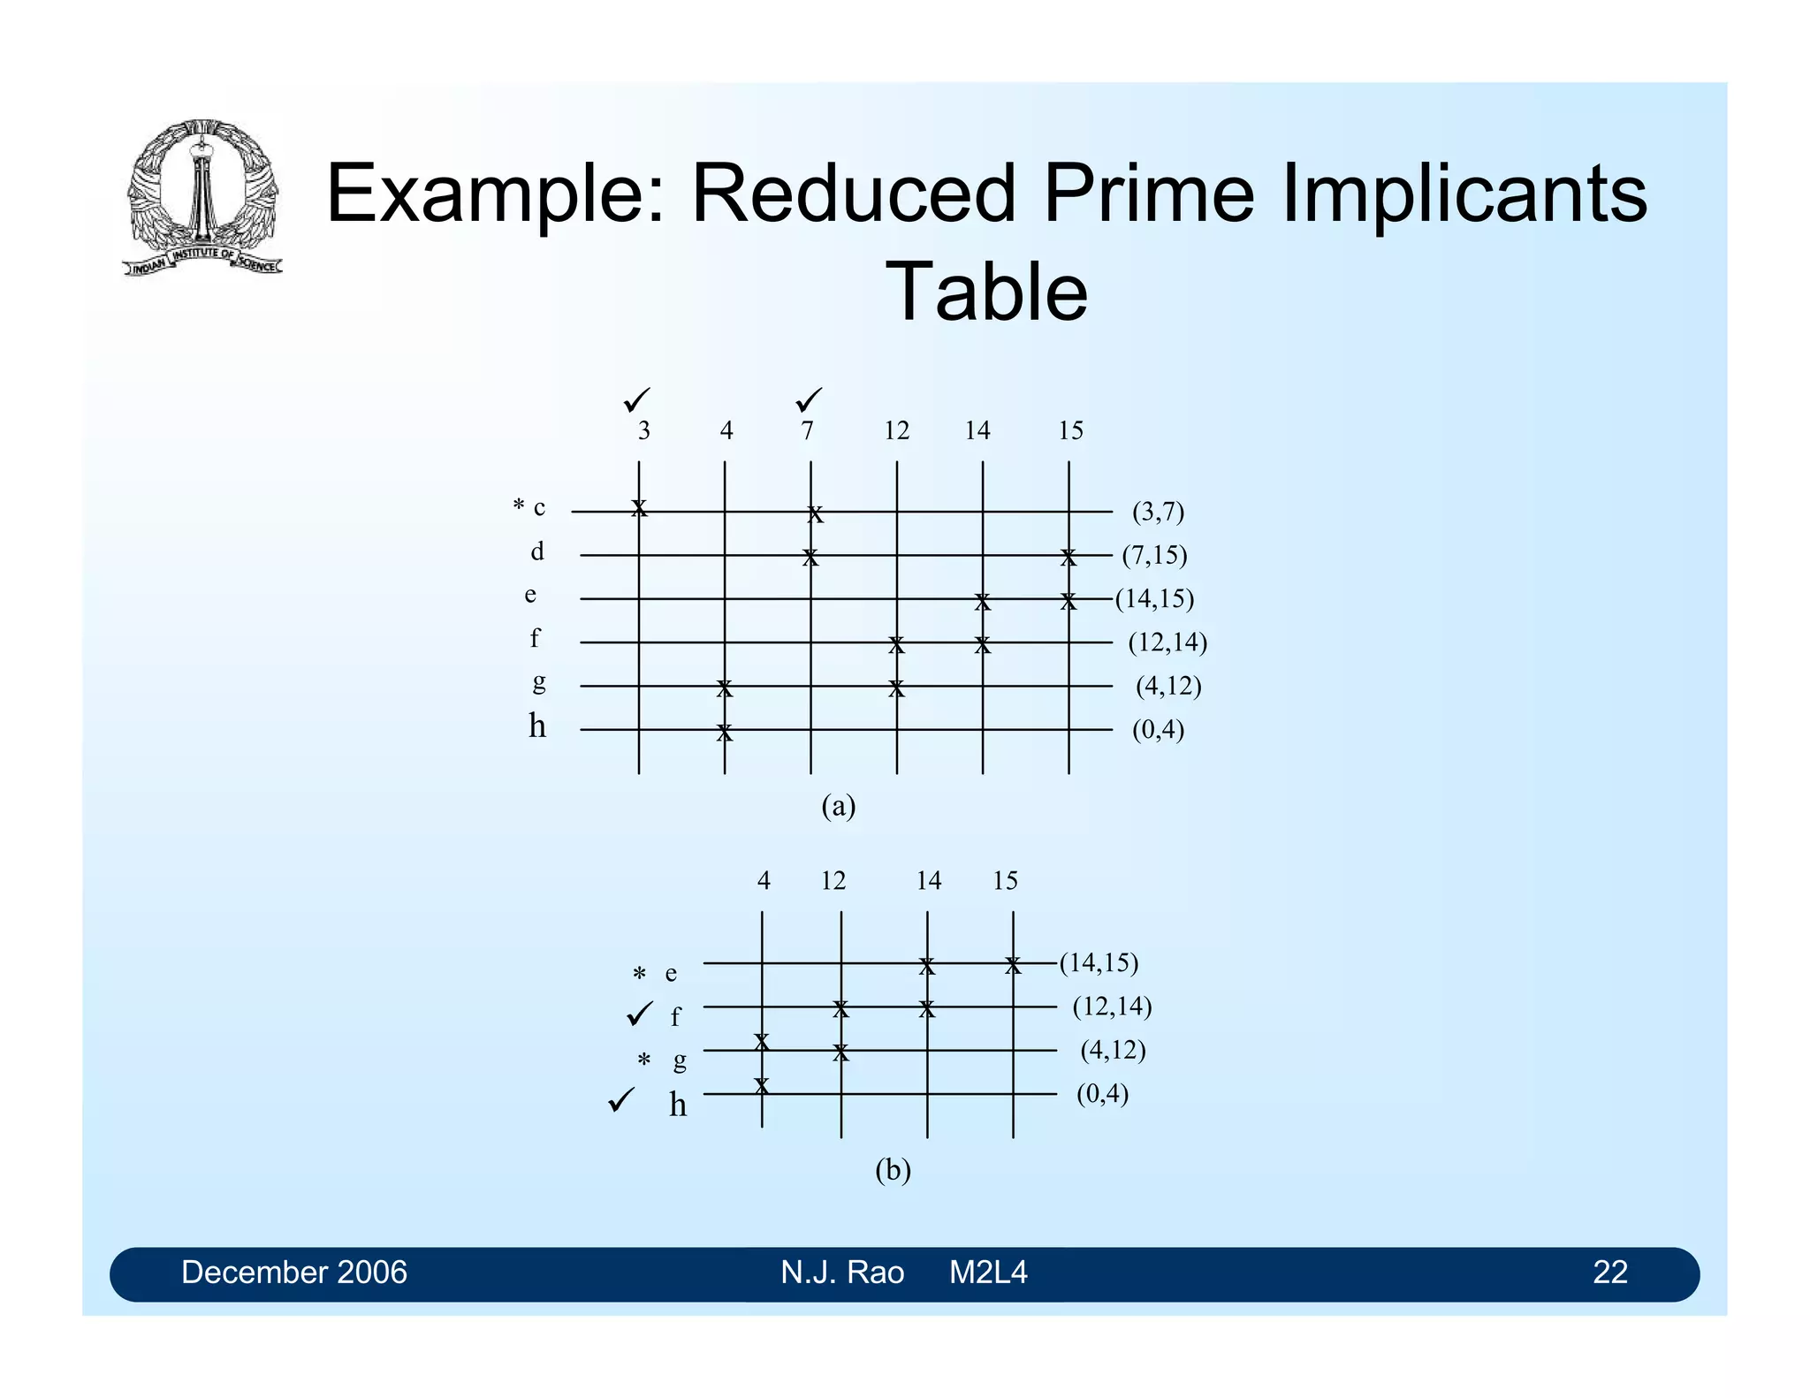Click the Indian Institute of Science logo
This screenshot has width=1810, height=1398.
tap(203, 196)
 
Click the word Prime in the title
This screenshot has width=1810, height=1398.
tap(1148, 194)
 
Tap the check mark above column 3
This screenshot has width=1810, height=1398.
tap(636, 400)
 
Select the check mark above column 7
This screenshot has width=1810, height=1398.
tap(808, 400)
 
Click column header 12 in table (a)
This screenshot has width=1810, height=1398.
tap(896, 431)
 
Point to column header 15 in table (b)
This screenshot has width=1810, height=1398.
tap(1005, 881)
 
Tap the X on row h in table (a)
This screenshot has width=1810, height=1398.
tap(725, 733)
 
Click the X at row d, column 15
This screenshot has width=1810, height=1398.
tap(1069, 558)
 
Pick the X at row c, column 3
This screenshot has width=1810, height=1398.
tap(639, 508)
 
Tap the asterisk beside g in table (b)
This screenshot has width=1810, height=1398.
tap(644, 1060)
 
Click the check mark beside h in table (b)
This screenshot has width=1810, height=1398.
tap(621, 1101)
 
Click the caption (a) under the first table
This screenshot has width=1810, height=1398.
tap(838, 806)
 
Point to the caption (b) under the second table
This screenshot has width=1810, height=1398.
tap(893, 1170)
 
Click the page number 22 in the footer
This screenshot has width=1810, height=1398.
tap(1609, 1273)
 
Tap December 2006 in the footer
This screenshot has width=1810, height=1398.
tap(294, 1273)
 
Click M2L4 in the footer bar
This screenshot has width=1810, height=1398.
tap(988, 1273)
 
